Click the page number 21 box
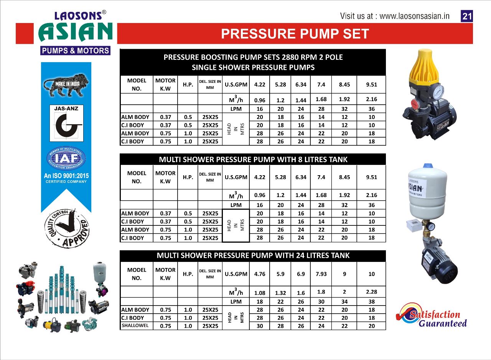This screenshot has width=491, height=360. [x=467, y=16]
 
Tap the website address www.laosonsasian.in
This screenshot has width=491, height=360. [x=415, y=16]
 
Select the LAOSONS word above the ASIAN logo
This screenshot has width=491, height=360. [x=78, y=16]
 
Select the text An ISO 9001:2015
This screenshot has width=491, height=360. [x=66, y=176]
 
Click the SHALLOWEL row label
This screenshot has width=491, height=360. [x=135, y=326]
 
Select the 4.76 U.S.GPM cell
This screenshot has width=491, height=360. [x=259, y=274]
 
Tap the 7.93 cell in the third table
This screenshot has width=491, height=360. [x=321, y=274]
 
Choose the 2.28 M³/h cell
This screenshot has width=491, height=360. [x=371, y=292]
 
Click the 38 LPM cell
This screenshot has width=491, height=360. [x=371, y=302]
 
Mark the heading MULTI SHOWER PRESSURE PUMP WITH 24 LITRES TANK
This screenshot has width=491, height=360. [x=253, y=255]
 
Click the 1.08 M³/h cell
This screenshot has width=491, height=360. [x=259, y=293]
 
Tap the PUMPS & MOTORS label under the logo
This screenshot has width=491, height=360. [x=75, y=51]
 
